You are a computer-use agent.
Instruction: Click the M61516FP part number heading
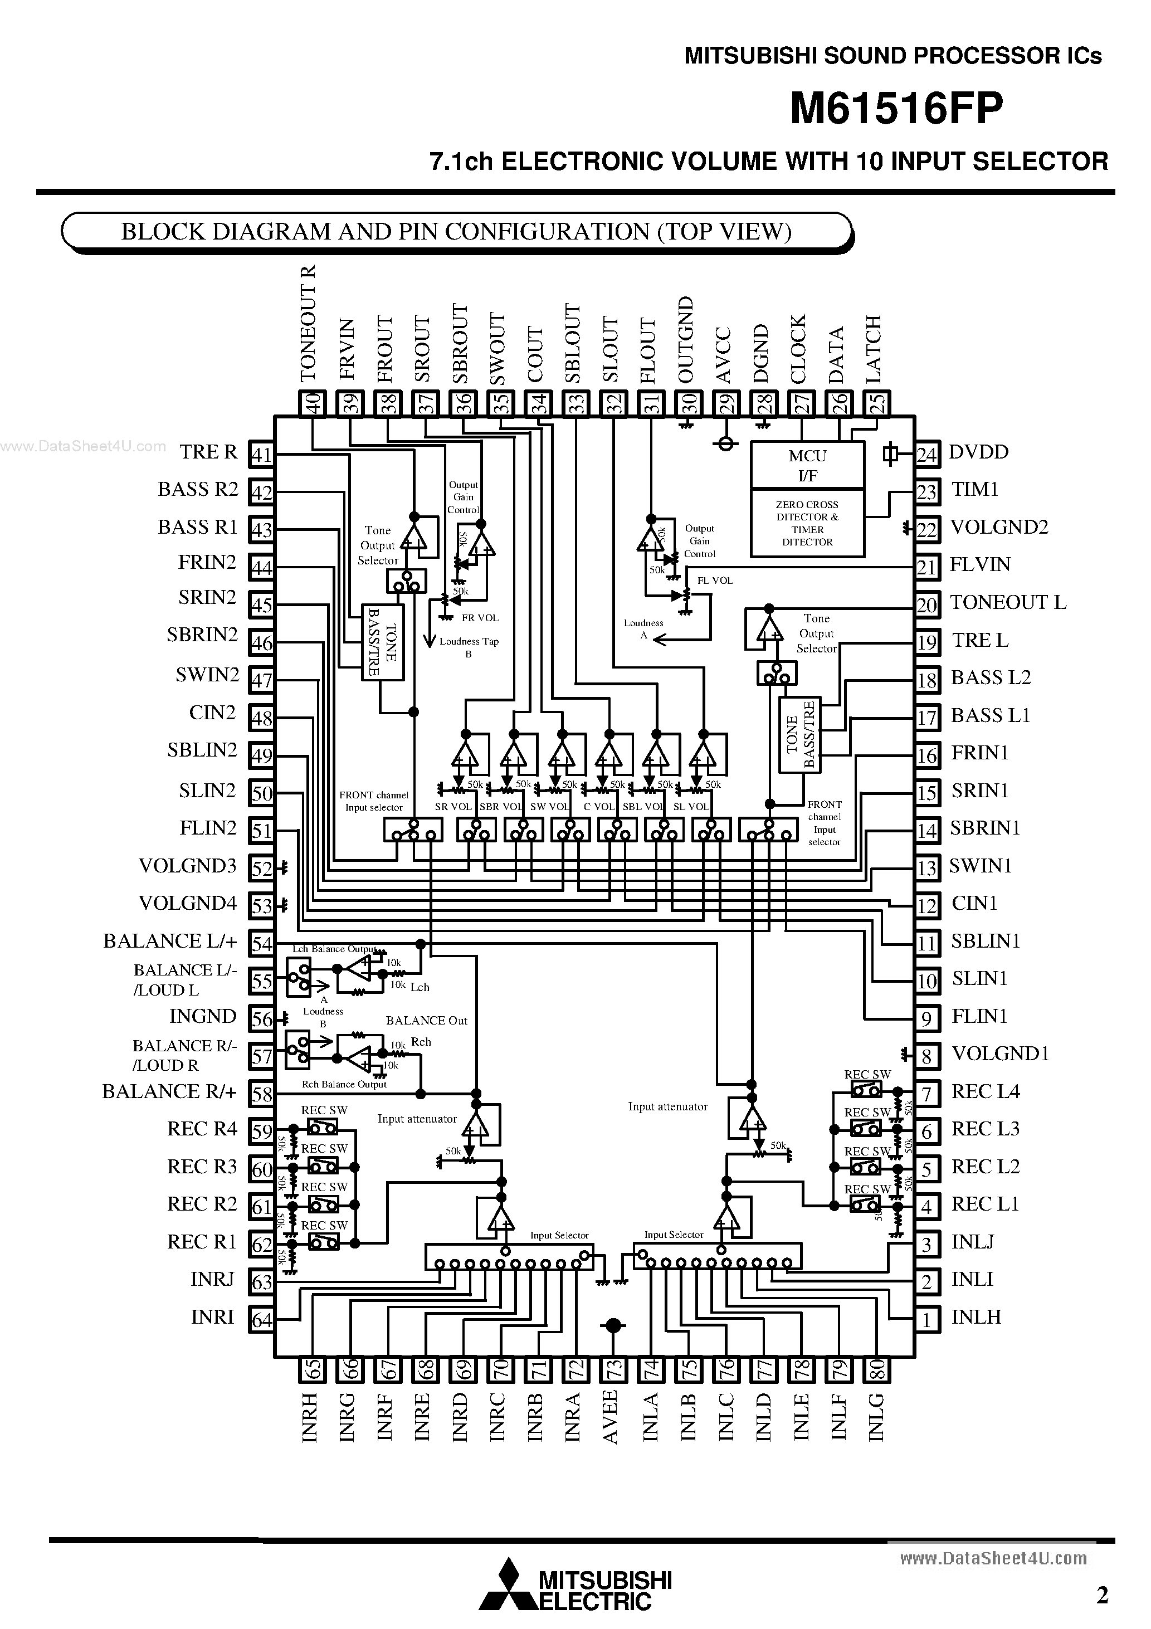[896, 109]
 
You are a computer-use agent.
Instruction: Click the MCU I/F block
[807, 465]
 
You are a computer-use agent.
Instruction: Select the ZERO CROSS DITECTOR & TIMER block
[807, 523]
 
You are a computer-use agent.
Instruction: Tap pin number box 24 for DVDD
[926, 454]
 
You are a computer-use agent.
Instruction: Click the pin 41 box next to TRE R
[262, 454]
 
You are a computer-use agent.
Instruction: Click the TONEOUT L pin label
[1008, 602]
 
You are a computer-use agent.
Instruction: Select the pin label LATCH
[874, 349]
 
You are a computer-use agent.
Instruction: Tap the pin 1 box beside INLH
[926, 1320]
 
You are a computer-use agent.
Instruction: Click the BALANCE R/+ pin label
[169, 1091]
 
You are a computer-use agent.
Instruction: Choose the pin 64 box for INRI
[262, 1320]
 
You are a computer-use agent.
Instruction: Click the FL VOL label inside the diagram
[715, 581]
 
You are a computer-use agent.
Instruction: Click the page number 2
[1102, 1595]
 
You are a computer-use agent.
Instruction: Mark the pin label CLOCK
[799, 349]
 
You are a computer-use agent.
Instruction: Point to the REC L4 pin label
[985, 1091]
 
